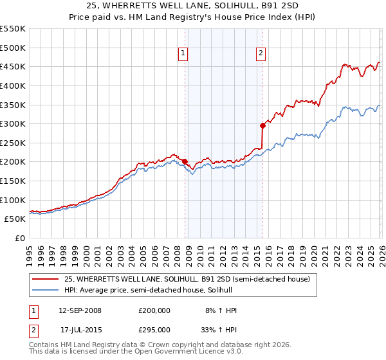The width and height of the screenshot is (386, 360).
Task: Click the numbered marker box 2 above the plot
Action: (261, 54)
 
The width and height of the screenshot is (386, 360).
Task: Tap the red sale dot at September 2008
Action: (185, 162)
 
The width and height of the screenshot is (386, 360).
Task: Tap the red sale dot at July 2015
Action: (262, 125)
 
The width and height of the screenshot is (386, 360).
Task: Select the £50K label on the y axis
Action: (15, 219)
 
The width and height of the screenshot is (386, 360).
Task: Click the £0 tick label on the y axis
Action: (21, 239)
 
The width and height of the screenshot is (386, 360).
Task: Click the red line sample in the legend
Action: (46, 279)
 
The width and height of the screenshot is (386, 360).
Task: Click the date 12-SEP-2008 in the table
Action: (79, 310)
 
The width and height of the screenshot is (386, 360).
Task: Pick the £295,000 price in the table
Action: (154, 329)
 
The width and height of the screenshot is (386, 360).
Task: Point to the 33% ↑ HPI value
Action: (221, 329)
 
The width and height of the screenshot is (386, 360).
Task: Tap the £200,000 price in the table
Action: (154, 310)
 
